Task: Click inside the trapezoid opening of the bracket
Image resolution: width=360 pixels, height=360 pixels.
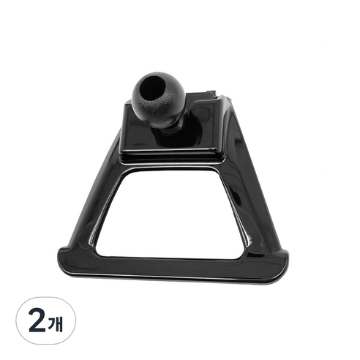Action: [170, 214]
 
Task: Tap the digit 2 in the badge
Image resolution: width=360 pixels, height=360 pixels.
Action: [37, 321]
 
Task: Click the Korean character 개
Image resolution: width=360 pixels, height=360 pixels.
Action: [56, 323]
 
